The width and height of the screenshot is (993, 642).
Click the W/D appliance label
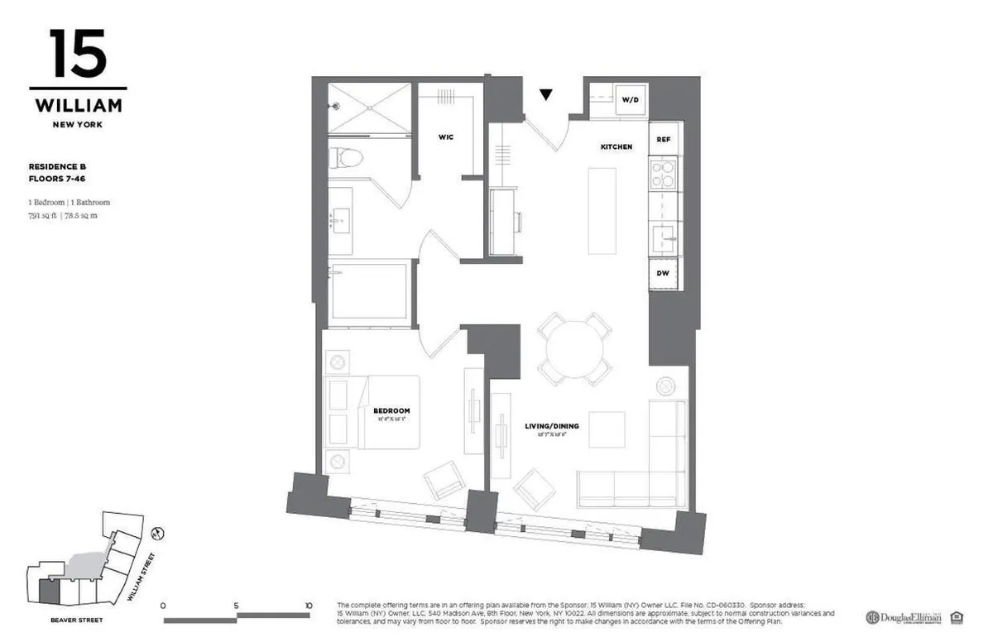(630, 100)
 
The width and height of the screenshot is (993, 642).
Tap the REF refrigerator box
(664, 140)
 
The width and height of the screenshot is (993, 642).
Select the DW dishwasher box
(664, 273)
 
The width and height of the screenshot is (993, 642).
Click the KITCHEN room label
(616, 147)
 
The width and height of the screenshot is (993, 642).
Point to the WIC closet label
(446, 137)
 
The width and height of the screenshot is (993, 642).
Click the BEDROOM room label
(391, 411)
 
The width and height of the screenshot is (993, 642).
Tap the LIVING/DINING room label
(552, 427)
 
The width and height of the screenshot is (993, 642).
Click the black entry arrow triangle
(545, 94)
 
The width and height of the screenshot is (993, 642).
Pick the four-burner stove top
(664, 175)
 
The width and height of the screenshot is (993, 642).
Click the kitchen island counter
(602, 211)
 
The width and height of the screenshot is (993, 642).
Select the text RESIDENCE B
(58, 166)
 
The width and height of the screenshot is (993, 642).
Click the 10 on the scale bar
(309, 606)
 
